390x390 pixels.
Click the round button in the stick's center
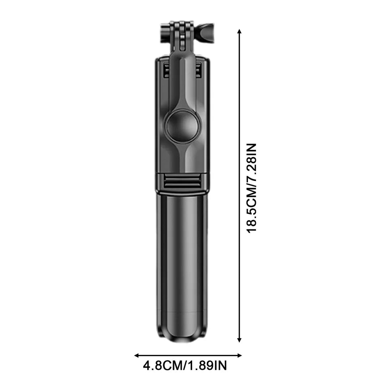point(182,126)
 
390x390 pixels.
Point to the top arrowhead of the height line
point(239,32)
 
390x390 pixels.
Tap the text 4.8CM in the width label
point(162,366)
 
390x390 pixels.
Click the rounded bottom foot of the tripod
point(182,336)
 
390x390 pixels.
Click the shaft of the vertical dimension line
point(239,108)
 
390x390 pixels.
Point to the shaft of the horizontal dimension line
point(188,355)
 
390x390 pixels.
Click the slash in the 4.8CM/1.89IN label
point(187,366)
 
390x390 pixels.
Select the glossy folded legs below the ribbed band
point(182,260)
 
